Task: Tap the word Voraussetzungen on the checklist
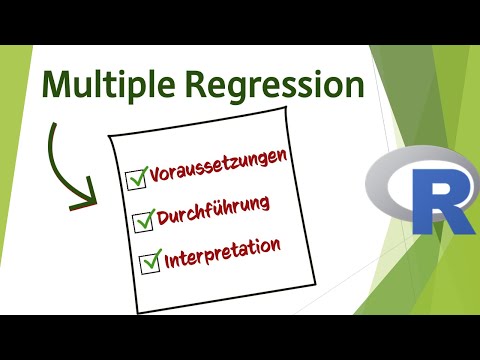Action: point(224,167)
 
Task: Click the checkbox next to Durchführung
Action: point(140,220)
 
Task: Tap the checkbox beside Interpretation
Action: point(148,261)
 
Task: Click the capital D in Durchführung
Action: point(164,218)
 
